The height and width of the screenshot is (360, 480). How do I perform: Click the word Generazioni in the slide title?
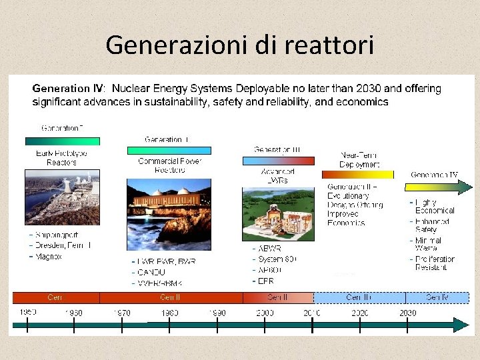point(177,45)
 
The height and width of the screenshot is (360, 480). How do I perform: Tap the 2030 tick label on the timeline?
point(407,313)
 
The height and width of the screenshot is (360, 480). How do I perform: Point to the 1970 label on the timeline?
point(121,313)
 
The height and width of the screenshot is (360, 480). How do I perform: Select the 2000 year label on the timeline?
point(264,313)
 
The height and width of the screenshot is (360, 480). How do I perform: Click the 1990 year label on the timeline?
point(217,313)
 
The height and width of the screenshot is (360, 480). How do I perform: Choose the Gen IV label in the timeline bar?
point(437,297)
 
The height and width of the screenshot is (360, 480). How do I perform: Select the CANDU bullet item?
point(151,272)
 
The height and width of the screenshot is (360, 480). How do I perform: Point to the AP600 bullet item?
point(269,271)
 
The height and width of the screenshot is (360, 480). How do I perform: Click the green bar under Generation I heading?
point(62,141)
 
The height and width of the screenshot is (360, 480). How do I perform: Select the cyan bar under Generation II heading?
point(169,151)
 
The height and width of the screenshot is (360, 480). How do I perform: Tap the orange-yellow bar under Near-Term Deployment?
point(357,175)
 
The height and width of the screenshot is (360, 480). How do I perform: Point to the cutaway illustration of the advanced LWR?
point(278,213)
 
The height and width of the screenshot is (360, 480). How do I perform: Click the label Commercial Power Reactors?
point(169,165)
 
